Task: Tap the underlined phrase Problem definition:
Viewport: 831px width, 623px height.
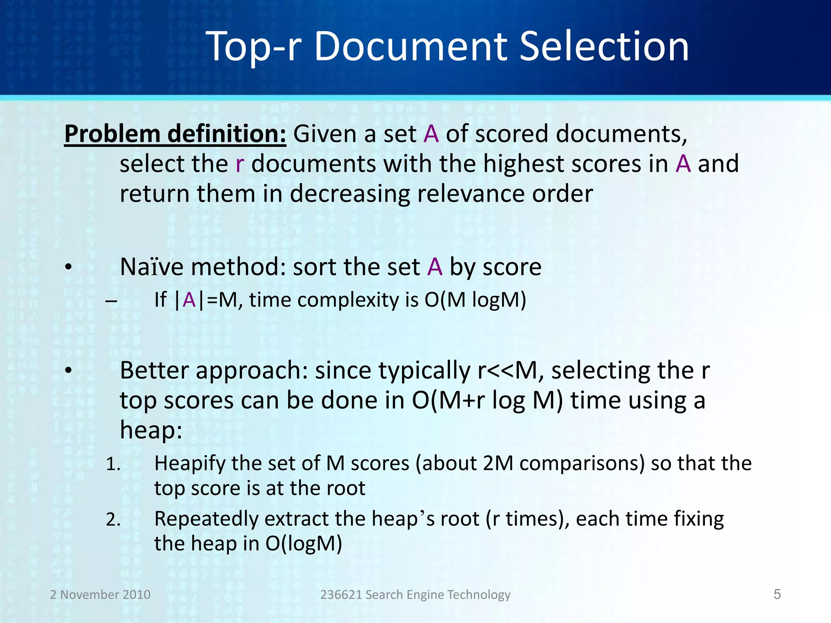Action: tap(175, 134)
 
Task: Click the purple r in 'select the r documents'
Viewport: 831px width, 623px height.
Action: tap(239, 164)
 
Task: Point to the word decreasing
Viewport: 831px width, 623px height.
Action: tap(350, 194)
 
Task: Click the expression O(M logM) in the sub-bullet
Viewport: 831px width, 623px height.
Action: tap(475, 300)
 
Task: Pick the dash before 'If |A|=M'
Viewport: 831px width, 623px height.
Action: tap(111, 301)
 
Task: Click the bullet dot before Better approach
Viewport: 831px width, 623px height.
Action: tap(68, 371)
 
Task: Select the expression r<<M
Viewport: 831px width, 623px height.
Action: tap(507, 370)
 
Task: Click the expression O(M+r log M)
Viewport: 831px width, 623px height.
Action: tap(487, 401)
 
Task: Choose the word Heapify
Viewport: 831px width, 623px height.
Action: tap(189, 464)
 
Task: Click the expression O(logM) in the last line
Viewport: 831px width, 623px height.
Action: tap(304, 544)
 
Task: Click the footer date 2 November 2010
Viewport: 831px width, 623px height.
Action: tap(100, 595)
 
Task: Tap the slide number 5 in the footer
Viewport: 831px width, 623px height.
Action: tap(777, 594)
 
